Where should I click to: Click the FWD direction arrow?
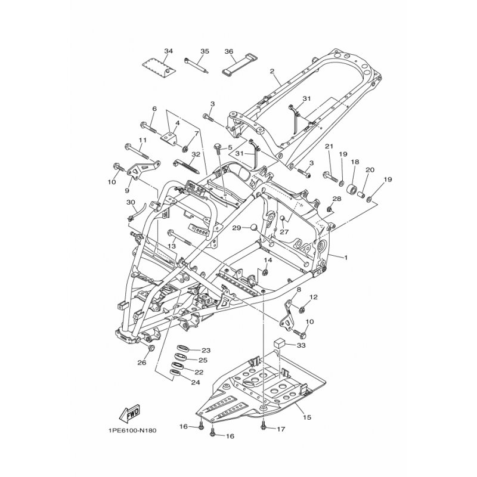(130, 413)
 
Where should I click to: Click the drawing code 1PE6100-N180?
(132, 430)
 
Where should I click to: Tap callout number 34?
(168, 51)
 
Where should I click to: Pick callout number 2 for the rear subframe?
(272, 72)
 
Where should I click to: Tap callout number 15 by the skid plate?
(307, 417)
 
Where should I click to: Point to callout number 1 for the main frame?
(345, 258)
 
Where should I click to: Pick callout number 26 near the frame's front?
(142, 363)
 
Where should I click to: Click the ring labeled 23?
(182, 348)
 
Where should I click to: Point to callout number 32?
(196, 154)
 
